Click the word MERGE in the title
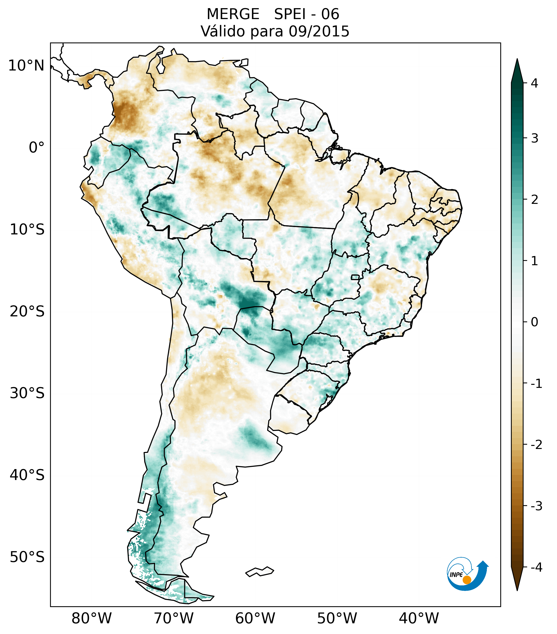point(233,14)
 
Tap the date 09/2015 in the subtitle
point(319,31)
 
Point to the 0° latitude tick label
point(37,148)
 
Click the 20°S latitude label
point(27,312)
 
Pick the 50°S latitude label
point(27,557)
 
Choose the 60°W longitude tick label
point(255,618)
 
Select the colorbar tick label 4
point(534,83)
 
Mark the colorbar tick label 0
point(534,322)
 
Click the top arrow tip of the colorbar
point(517,60)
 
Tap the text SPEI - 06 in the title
point(306,14)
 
